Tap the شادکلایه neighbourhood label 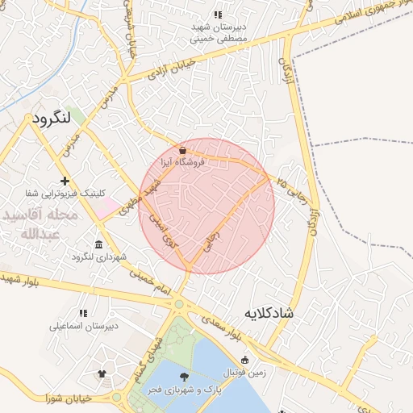(x=267, y=312)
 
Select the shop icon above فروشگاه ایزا (x=184, y=150)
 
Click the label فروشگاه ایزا (x=184, y=162)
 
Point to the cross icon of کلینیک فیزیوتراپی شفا (x=65, y=181)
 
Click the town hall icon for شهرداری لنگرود (x=98, y=244)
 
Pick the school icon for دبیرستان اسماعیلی (x=83, y=313)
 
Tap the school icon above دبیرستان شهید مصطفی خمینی (x=217, y=15)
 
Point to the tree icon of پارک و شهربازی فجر (x=185, y=377)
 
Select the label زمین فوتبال (x=242, y=372)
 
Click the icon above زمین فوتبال (x=244, y=360)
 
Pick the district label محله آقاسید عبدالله (x=40, y=224)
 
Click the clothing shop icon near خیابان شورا (x=102, y=373)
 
